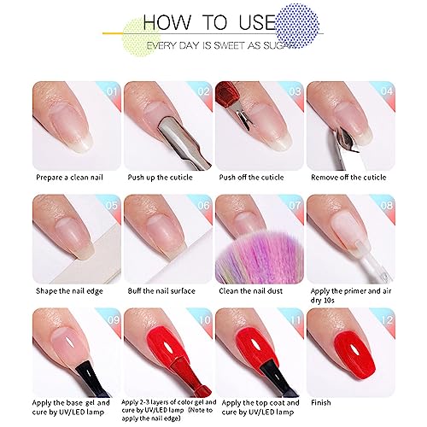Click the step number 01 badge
coord(112,91)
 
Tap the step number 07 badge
coord(295,205)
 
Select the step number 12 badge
coord(387,320)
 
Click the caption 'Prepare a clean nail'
coord(69,178)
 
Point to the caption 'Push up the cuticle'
coord(160,178)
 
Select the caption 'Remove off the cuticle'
coord(348,178)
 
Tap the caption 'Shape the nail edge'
coord(69,291)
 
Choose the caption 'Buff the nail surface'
coord(161,291)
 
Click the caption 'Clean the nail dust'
coord(250,291)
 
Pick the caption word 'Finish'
coord(321,402)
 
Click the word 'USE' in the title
coord(257,22)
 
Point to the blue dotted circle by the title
coord(298,25)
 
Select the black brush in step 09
coord(92,378)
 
